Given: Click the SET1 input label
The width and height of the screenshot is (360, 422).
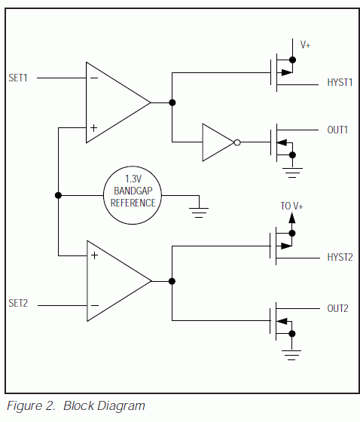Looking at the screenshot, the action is [18, 78].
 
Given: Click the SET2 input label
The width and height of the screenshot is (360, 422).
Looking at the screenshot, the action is [18, 303].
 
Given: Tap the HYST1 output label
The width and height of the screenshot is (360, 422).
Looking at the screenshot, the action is [340, 82].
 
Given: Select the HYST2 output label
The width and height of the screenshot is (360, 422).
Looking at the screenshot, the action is [340, 257].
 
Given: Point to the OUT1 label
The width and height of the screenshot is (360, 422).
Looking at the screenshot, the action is [337, 130].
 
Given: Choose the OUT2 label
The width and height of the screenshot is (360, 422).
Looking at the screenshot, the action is [337, 308].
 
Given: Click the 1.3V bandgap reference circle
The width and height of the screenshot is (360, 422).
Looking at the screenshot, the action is [133, 167].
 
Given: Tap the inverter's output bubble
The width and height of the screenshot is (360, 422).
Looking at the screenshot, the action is [237, 142].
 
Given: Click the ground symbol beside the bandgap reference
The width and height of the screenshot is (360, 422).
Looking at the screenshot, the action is [199, 213].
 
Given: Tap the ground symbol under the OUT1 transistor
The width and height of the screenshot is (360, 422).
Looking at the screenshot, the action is [292, 173].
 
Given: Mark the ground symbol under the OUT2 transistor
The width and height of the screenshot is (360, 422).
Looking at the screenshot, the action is [291, 355].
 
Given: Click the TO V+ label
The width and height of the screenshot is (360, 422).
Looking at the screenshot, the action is [291, 206].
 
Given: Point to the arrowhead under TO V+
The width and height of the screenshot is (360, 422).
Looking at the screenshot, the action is [292, 218].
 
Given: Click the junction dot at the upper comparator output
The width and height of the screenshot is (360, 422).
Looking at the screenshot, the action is [172, 102].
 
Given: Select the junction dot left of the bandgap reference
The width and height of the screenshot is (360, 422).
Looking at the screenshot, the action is [58, 195].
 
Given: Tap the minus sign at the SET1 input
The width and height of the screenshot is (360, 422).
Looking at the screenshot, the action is [94, 78].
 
